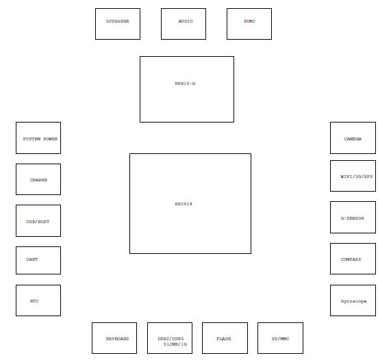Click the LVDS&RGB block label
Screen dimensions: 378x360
[x=117, y=21]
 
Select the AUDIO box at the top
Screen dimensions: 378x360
[x=184, y=24]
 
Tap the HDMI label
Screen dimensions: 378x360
[x=249, y=21]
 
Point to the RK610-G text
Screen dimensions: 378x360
[x=185, y=83]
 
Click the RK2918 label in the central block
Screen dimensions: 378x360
[x=184, y=204]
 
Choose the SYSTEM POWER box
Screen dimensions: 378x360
[x=38, y=138]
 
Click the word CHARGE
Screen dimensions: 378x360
[x=38, y=180]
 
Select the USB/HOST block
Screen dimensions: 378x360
[x=38, y=221]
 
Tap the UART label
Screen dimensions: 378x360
[x=32, y=259]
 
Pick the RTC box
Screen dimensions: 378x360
[x=38, y=300]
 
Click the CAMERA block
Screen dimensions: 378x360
[x=353, y=138]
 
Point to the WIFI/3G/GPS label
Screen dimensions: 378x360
[x=357, y=177]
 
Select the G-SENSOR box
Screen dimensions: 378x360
[x=353, y=218]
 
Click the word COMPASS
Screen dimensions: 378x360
[x=351, y=259]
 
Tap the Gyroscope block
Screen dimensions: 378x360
[x=353, y=300]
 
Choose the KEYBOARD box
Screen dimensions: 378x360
[x=114, y=338]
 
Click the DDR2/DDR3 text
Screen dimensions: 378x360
[x=171, y=339]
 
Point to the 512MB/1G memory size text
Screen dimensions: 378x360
[x=175, y=344]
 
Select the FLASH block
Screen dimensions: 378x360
[x=225, y=338]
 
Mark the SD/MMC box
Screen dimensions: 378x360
[x=280, y=338]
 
